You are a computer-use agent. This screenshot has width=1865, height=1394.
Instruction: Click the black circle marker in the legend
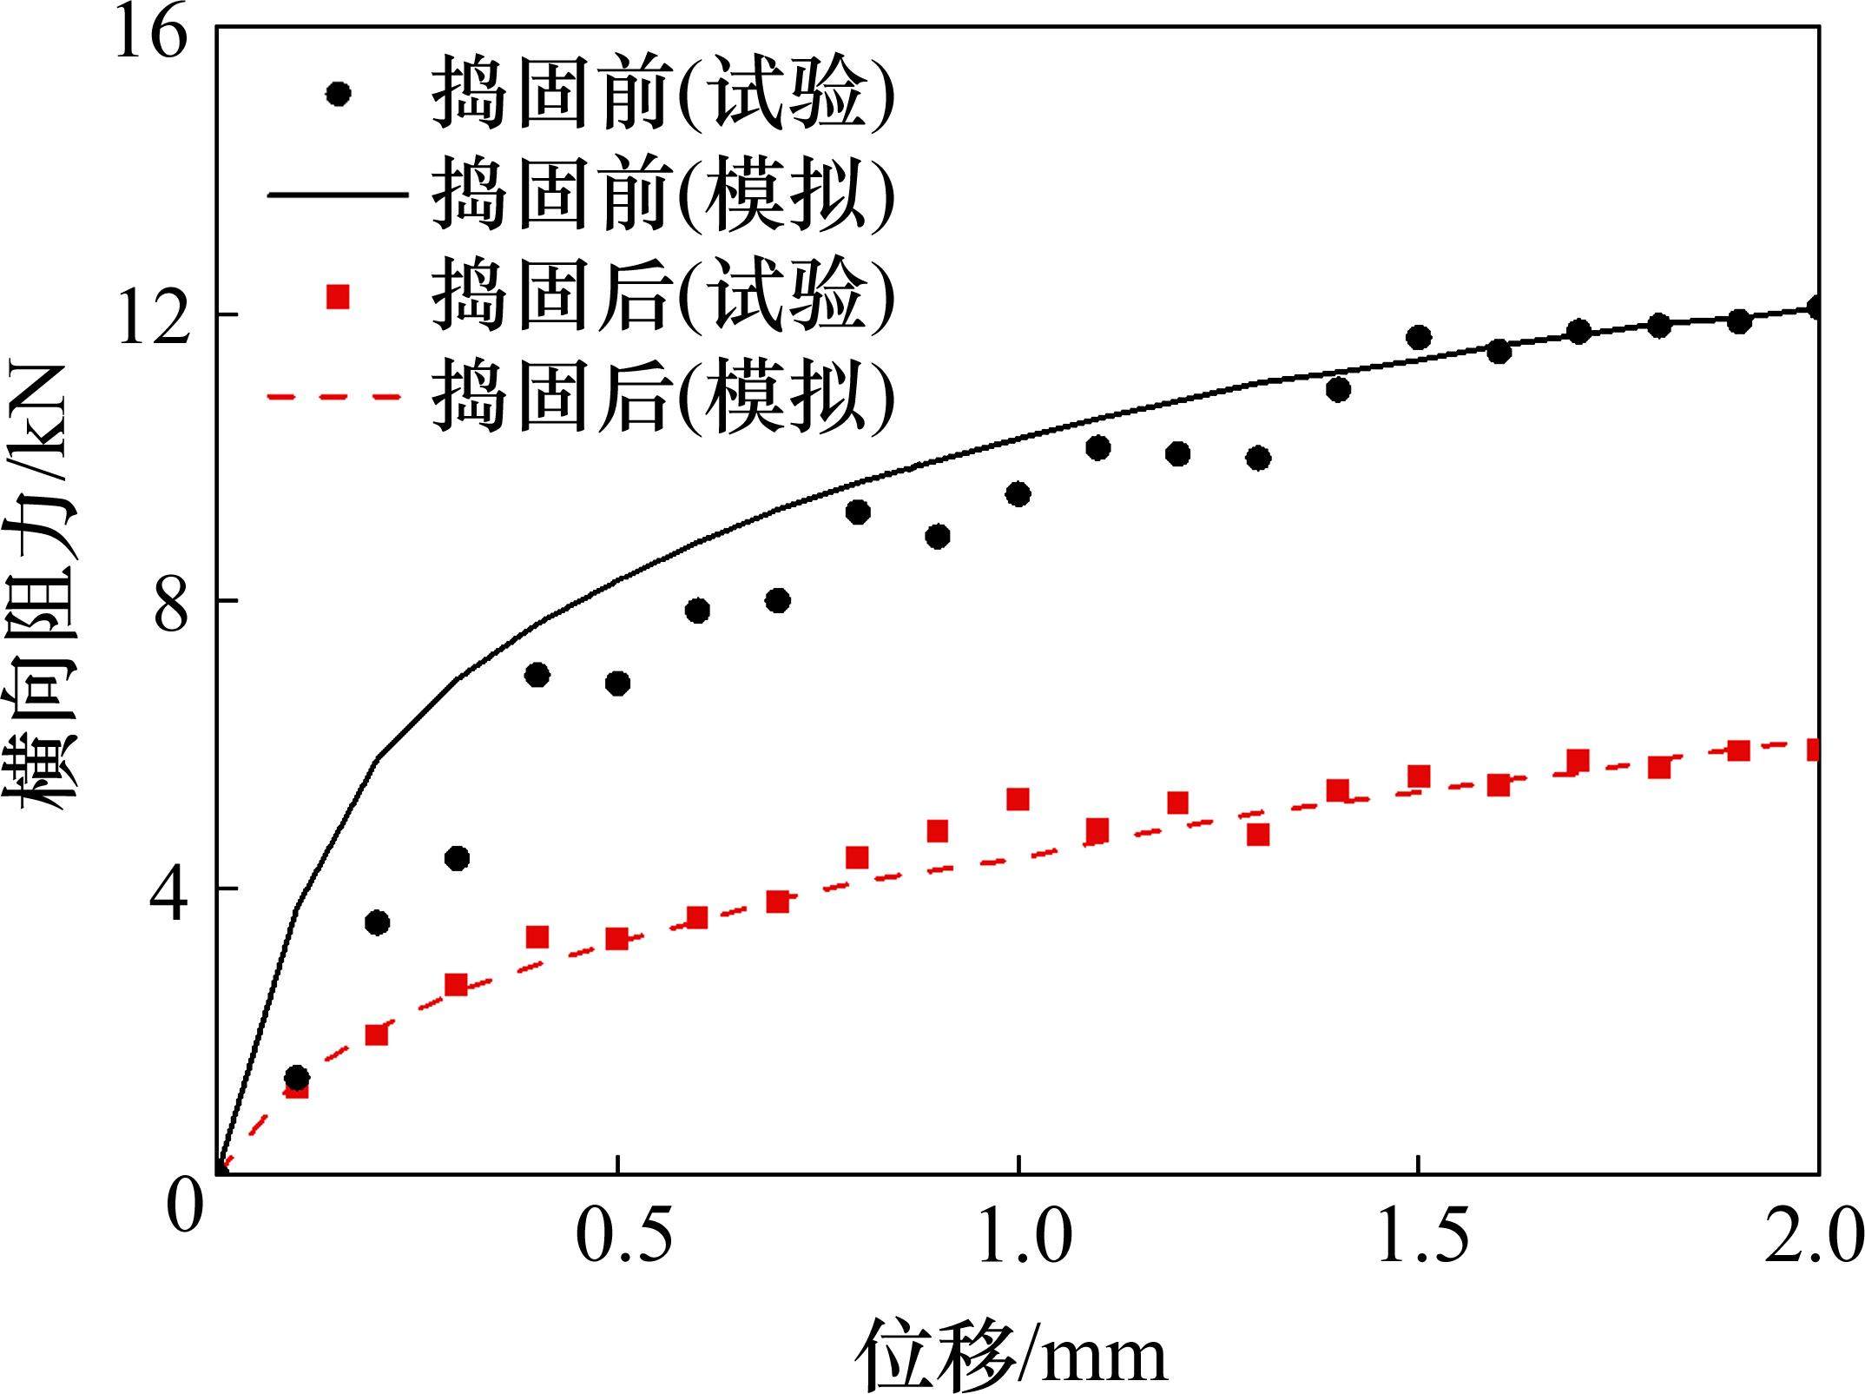(338, 93)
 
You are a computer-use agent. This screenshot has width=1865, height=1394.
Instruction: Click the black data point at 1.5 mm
(1419, 338)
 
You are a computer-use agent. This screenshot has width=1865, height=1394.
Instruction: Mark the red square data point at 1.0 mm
(1018, 799)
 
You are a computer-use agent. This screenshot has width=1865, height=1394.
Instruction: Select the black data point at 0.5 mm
(617, 684)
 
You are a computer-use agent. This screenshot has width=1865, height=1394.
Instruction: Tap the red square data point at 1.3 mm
(1258, 835)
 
